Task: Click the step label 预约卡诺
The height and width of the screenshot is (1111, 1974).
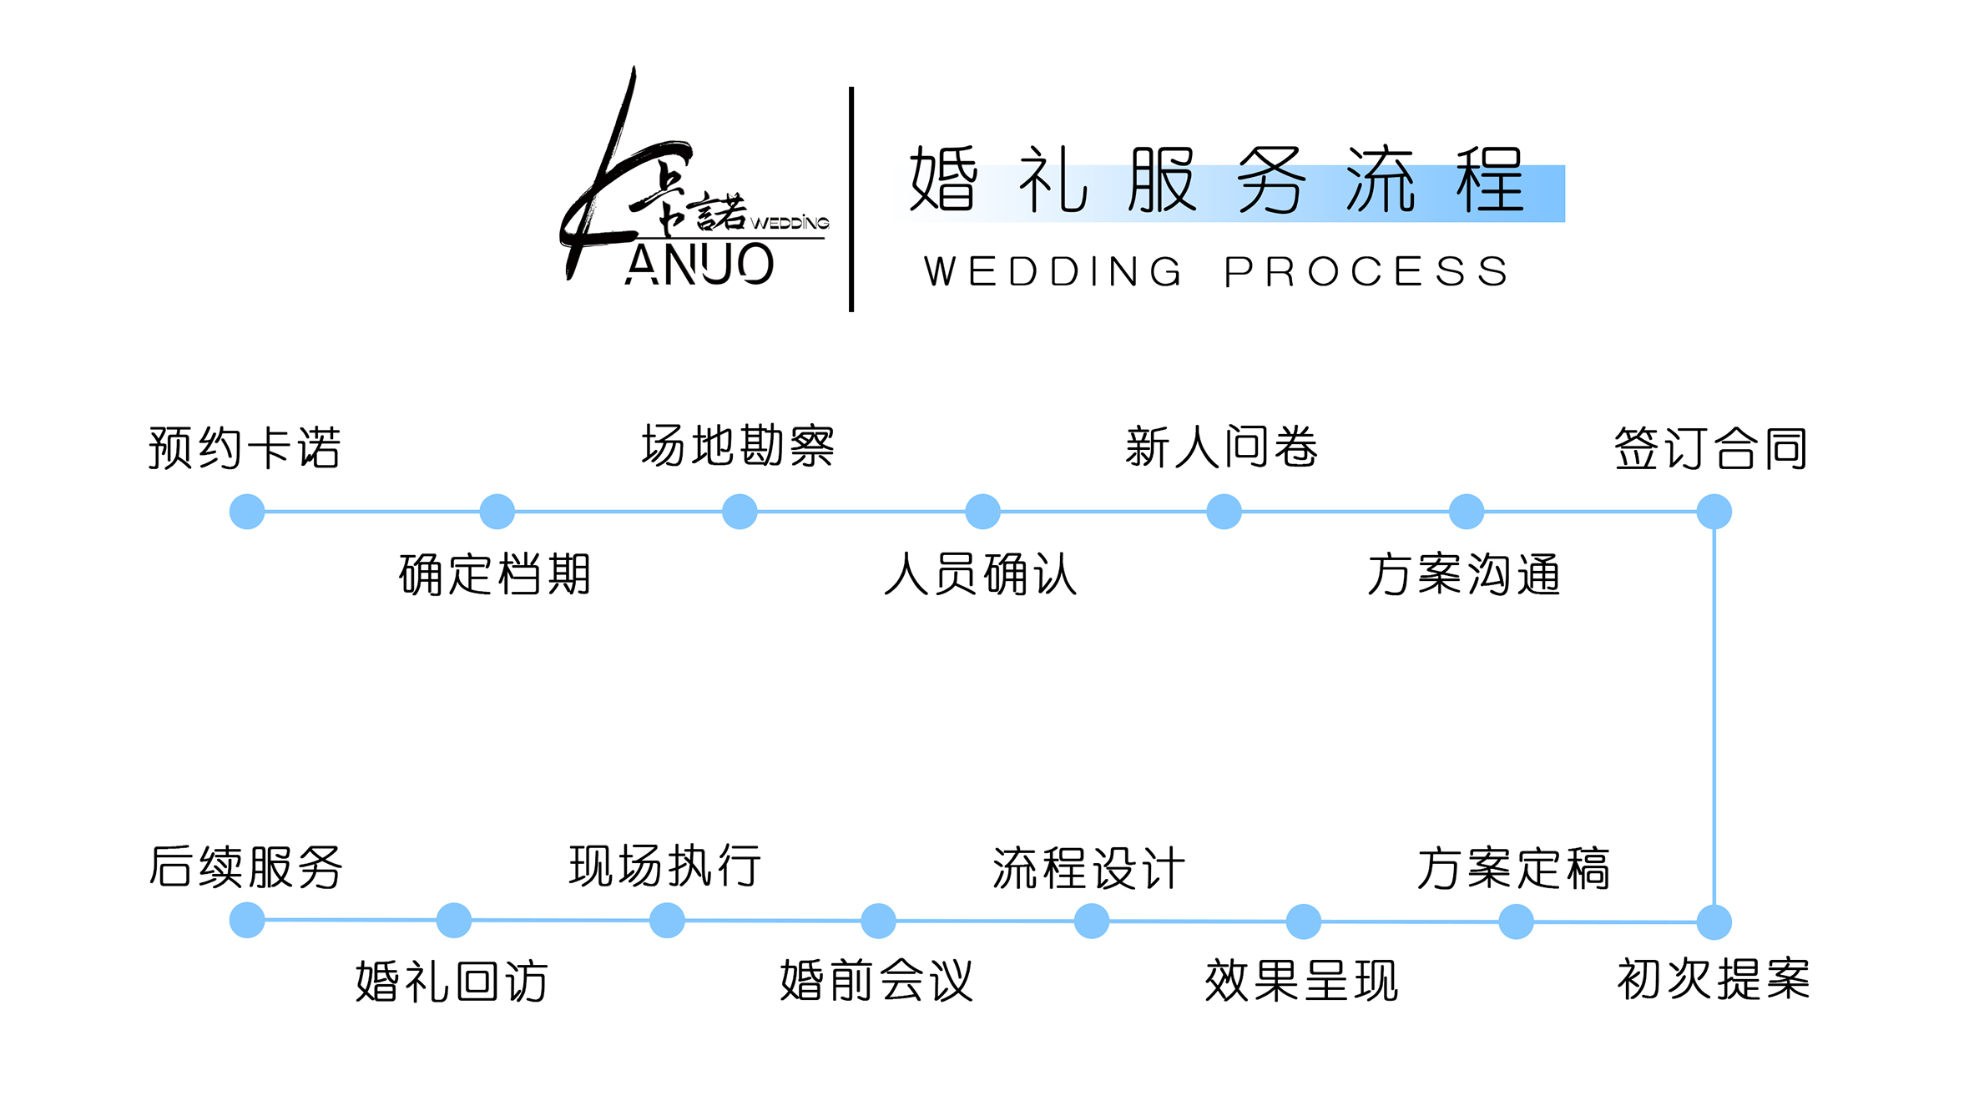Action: tap(245, 447)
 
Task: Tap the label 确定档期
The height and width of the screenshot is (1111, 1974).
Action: tap(495, 574)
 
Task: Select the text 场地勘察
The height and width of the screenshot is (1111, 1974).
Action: tap(738, 445)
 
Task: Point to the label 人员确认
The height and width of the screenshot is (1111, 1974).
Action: tap(981, 574)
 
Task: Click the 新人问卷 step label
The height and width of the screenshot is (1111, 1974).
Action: tap(1222, 447)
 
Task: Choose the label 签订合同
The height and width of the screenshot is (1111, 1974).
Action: tap(1711, 448)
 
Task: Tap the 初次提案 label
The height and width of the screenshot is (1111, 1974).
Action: tap(1714, 979)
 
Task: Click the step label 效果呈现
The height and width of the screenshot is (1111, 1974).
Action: tap(1302, 981)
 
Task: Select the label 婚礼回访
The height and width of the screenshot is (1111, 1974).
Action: tap(452, 982)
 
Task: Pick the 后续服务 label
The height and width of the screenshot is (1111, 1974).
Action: tap(245, 866)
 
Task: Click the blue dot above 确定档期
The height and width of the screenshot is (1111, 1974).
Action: tap(497, 512)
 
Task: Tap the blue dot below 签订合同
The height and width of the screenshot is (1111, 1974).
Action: tap(1714, 512)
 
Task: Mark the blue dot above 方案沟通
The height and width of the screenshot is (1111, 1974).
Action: tap(1467, 512)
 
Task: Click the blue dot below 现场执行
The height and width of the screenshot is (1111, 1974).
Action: tap(668, 921)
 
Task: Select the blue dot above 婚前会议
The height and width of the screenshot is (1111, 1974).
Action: tap(879, 921)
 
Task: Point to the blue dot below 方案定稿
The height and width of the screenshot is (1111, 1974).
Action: tap(1517, 922)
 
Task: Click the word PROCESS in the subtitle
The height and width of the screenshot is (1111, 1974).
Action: tap(1366, 272)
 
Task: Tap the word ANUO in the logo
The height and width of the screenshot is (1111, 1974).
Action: tap(699, 265)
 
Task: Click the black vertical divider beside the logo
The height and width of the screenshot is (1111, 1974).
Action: tap(851, 199)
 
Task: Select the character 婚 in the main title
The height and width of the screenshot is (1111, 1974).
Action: tap(944, 179)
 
